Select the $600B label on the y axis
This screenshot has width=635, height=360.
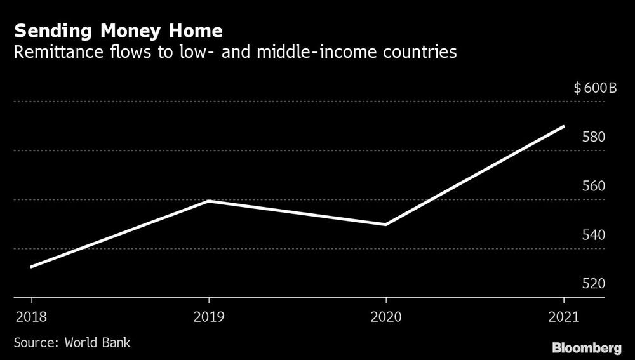click(594, 88)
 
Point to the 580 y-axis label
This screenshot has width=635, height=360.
click(594, 137)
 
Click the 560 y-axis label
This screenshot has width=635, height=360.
click(594, 186)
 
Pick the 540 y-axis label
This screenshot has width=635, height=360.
click(594, 235)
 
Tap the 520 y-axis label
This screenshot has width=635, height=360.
click(594, 284)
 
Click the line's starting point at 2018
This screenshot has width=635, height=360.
click(31, 267)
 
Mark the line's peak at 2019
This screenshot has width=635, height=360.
click(208, 201)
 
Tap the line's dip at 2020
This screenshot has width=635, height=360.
click(386, 225)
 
